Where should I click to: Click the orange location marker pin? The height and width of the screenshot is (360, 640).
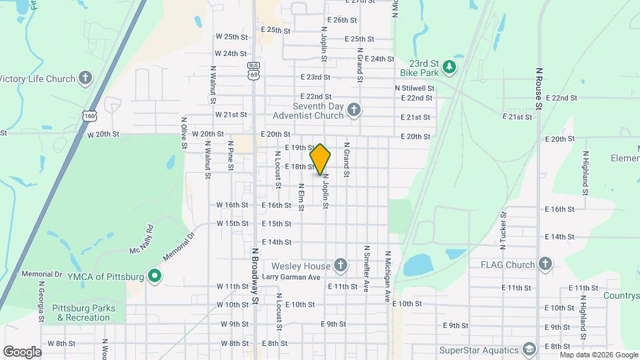click(x=320, y=159)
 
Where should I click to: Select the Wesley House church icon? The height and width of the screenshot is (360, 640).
click(x=340, y=266)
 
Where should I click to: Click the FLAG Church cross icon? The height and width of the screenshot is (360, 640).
click(x=546, y=264)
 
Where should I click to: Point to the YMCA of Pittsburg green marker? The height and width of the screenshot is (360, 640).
click(x=155, y=276)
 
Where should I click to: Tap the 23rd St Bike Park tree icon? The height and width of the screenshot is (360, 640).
click(x=450, y=66)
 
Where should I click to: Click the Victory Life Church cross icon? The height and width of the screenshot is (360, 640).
click(x=85, y=79)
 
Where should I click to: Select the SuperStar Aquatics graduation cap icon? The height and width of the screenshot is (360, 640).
click(x=529, y=350)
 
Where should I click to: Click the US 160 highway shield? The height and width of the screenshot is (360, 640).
click(x=89, y=116)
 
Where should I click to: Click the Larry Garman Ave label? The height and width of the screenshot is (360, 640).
click(x=291, y=277)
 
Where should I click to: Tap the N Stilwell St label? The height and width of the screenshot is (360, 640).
click(x=414, y=87)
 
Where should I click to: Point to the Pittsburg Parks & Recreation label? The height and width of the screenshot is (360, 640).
click(x=86, y=313)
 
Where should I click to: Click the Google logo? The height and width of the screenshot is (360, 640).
click(x=22, y=351)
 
